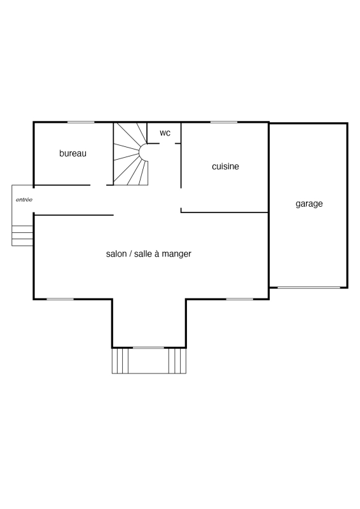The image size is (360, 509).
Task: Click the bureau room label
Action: pyautogui.click(x=73, y=153)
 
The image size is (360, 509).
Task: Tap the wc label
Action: pyautogui.click(x=165, y=133)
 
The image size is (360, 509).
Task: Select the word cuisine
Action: pyautogui.click(x=225, y=166)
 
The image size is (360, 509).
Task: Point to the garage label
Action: pyautogui.click(x=309, y=204)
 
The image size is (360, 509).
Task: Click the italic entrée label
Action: pyautogui.click(x=24, y=200)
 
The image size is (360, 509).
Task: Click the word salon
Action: pyautogui.click(x=116, y=254)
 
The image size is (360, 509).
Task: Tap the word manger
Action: pyautogui.click(x=176, y=254)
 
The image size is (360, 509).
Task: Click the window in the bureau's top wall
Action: pyautogui.click(x=81, y=122)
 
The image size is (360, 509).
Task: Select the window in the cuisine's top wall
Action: pyautogui.click(x=224, y=122)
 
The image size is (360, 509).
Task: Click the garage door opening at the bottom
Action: pyautogui.click(x=309, y=288)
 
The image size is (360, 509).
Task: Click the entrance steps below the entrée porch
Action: pyautogui.click(x=22, y=235)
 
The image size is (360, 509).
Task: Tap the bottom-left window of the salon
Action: pyautogui.click(x=60, y=299)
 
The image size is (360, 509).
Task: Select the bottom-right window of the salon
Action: pyautogui.click(x=240, y=299)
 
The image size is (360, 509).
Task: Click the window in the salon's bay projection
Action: pyautogui.click(x=149, y=347)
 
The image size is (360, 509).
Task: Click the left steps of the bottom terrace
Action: pyautogui.click(x=120, y=361)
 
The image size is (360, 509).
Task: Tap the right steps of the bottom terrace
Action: pyautogui.click(x=177, y=361)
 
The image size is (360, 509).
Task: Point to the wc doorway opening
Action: pyautogui.click(x=167, y=144)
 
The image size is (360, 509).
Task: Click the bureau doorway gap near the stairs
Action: pyautogui.click(x=99, y=185)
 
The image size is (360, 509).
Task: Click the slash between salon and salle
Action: pyautogui.click(x=130, y=254)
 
